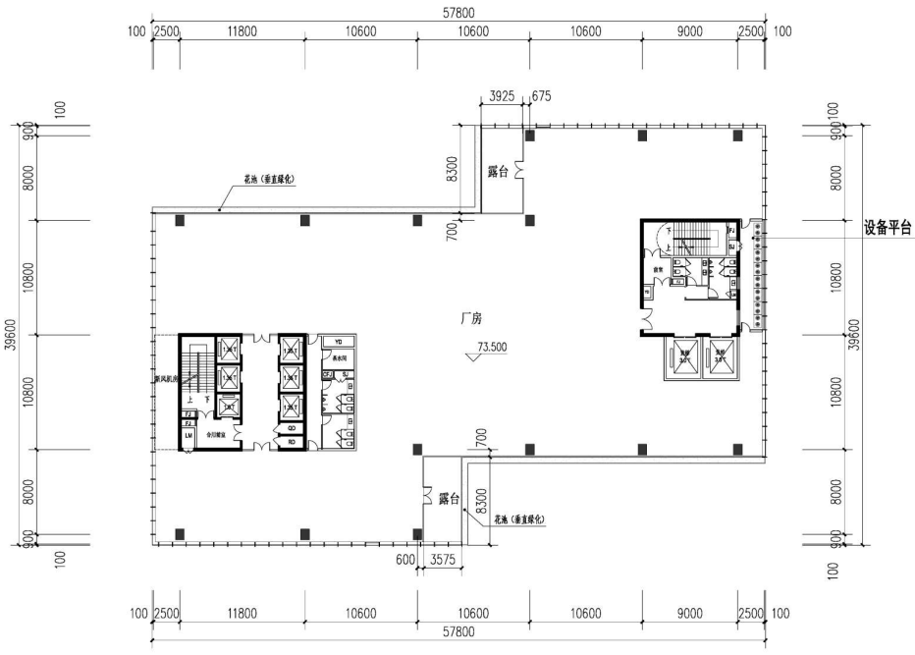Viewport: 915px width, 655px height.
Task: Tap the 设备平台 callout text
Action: (x=888, y=227)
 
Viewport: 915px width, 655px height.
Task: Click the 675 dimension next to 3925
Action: (x=541, y=96)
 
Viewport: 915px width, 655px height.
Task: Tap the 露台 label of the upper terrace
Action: (x=500, y=171)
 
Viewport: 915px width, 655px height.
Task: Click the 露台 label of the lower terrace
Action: (x=451, y=499)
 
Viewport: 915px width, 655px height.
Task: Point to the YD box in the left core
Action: (x=339, y=342)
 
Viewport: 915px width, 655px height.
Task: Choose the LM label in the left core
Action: (x=188, y=435)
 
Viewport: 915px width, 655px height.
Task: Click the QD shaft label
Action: (x=293, y=428)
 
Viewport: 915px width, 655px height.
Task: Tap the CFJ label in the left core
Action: (x=327, y=374)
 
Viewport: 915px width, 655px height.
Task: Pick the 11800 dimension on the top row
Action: (x=242, y=31)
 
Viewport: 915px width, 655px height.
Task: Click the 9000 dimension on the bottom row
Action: (x=690, y=614)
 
